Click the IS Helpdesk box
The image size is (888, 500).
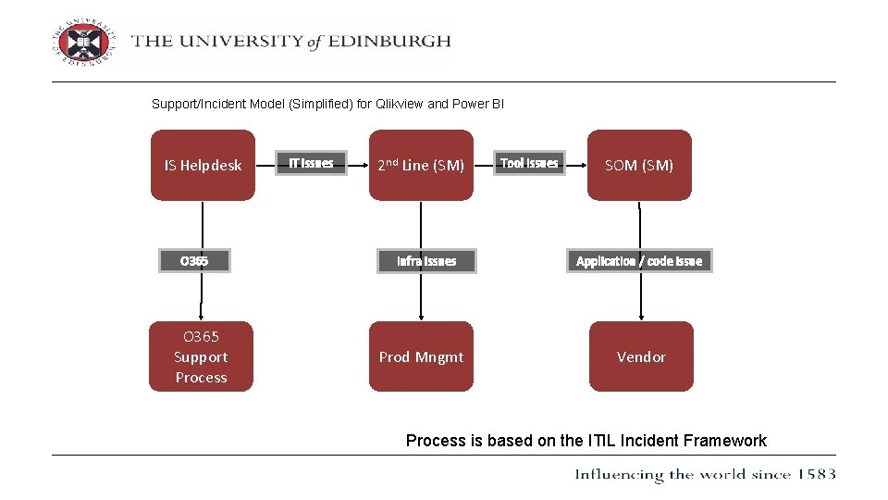click(x=203, y=165)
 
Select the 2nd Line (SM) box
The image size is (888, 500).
click(x=421, y=165)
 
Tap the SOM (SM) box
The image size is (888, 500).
click(x=639, y=165)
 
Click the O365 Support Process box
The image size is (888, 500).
click(x=201, y=356)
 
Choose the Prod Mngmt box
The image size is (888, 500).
click(x=421, y=356)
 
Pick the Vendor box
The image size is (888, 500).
click(x=641, y=356)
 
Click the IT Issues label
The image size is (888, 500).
click(x=311, y=163)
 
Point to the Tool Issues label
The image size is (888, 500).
click(x=529, y=163)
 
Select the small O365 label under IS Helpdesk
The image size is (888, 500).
click(x=194, y=261)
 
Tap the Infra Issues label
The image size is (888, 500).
click(x=426, y=261)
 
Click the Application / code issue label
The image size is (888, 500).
click(x=639, y=261)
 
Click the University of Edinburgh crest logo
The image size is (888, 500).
click(x=84, y=41)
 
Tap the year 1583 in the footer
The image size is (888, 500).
click(x=815, y=474)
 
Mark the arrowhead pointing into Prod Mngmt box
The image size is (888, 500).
click(x=421, y=316)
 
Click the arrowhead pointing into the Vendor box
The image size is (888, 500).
click(x=640, y=316)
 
